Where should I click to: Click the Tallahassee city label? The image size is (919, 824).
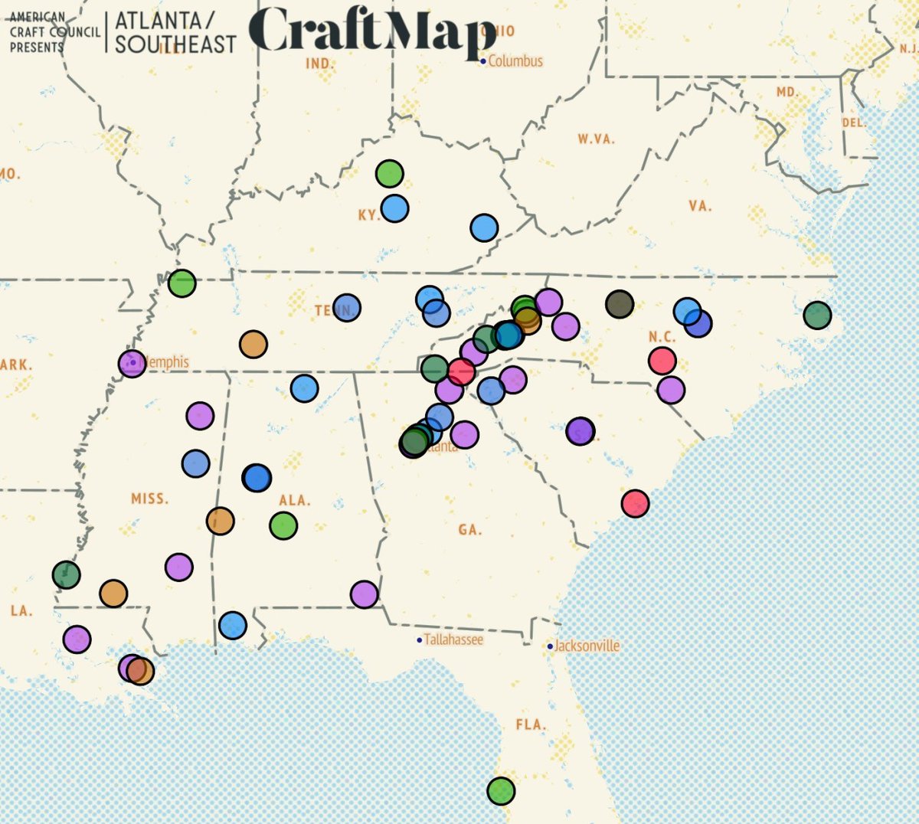[x=453, y=639]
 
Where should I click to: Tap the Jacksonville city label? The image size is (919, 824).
[x=587, y=646]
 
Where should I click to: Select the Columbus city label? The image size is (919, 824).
[x=515, y=61]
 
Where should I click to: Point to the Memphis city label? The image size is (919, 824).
[x=166, y=361]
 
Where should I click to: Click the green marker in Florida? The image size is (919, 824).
[x=501, y=790]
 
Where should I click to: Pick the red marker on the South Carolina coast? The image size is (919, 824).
[x=635, y=503]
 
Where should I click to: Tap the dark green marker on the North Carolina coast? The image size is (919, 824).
[x=817, y=315]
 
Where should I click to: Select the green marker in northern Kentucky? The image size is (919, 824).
[x=390, y=174]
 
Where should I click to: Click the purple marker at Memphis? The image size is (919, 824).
[x=132, y=363]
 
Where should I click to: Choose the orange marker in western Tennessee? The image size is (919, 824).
[x=253, y=345]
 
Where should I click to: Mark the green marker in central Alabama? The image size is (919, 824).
[x=283, y=525]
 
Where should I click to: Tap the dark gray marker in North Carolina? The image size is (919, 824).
[x=620, y=304]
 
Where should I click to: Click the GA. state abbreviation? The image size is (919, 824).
[x=469, y=530]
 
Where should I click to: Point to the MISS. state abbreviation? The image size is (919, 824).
[x=149, y=499]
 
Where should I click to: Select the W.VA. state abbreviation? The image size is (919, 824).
[x=596, y=139]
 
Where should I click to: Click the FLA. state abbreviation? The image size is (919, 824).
[x=530, y=724]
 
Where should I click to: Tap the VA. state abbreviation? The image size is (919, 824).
[x=700, y=206]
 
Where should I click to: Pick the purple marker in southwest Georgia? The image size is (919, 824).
[x=364, y=593]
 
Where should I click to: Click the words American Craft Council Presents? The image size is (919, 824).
[x=54, y=32]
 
